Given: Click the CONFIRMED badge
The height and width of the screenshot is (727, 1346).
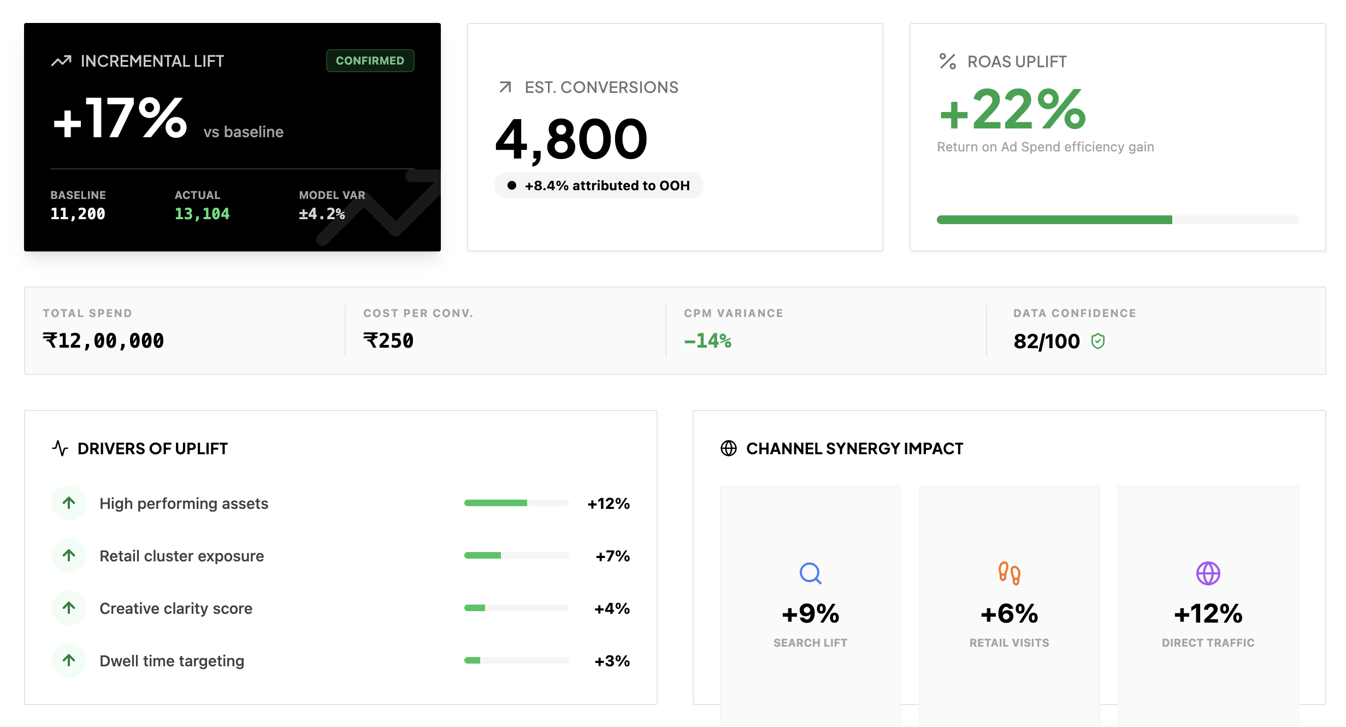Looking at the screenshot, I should coord(370,61).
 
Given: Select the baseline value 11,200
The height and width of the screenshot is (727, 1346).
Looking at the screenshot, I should coord(78,214).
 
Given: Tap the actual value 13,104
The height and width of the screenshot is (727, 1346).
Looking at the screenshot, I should coord(202,214).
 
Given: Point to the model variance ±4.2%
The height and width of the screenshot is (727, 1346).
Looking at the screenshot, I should coord(322,214).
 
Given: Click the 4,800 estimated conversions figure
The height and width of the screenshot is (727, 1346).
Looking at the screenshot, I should coord(571,139).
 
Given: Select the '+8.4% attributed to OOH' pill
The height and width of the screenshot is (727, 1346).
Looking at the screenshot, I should coord(599,186).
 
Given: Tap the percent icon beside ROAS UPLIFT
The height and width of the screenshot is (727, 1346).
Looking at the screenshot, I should coord(948,61).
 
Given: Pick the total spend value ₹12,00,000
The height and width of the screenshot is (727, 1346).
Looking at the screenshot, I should coord(103,341).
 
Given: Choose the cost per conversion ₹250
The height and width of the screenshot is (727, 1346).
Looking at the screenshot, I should coord(388,341).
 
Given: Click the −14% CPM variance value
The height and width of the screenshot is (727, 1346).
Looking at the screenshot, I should coord(708,341).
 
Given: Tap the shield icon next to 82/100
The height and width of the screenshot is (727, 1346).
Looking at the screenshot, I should coord(1098,342).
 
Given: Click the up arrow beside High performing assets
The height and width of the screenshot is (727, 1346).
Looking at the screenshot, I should coord(69,503).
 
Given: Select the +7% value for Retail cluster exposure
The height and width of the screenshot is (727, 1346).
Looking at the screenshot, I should coord(612,556).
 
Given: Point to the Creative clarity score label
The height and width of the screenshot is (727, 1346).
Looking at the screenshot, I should coord(176,608).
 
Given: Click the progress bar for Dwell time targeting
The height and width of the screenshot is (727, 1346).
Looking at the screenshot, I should coord(516,660).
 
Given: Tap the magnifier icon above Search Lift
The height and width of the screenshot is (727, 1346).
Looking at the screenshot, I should coord(810,573).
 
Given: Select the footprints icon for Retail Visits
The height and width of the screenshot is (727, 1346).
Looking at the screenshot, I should coord(1009,573).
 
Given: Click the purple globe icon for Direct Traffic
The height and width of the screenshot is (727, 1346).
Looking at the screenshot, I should coord(1208,573).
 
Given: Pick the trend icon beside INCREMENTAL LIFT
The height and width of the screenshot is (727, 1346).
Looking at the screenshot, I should coord(61,61).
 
